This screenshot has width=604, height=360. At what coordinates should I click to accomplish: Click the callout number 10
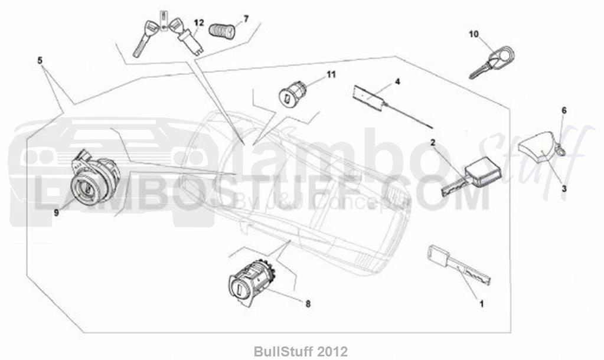click(x=474, y=34)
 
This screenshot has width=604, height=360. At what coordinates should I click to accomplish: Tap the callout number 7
click(x=246, y=18)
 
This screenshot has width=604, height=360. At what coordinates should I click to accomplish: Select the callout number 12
click(x=199, y=22)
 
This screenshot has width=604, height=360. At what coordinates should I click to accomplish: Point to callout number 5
click(x=40, y=60)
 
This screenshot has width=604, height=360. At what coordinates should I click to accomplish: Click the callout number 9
click(x=56, y=212)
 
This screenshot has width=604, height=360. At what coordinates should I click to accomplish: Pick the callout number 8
click(x=308, y=304)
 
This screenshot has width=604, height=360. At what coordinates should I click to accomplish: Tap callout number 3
click(x=564, y=189)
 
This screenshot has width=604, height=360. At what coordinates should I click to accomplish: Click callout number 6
click(x=564, y=110)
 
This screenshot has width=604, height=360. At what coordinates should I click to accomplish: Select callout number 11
click(x=331, y=74)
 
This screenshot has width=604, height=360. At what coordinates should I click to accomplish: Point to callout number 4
click(x=397, y=81)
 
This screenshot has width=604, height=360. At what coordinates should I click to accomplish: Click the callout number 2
click(x=433, y=142)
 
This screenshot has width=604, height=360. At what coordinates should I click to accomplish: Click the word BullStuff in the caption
click(x=285, y=351)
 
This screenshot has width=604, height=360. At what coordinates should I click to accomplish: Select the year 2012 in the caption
click(x=333, y=351)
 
